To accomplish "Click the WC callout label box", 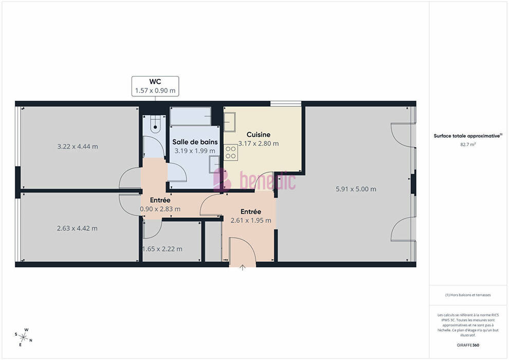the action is [x=155, y=86].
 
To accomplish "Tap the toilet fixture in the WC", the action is [x=155, y=124].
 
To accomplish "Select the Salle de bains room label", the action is [x=195, y=142].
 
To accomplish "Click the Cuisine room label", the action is [x=259, y=134].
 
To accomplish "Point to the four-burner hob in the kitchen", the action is [x=231, y=153].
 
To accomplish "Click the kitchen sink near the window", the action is [x=229, y=122].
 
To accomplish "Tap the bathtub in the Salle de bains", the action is [x=191, y=116].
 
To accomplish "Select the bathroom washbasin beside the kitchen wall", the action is [x=214, y=164].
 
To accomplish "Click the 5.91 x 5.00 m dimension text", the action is [x=356, y=189].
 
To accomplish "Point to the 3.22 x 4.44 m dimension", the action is [x=78, y=147].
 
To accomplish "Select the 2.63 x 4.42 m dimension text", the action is [x=77, y=228].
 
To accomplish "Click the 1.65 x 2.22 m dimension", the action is [x=162, y=249].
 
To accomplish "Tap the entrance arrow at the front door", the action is [x=243, y=267].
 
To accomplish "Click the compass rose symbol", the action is [x=24, y=337].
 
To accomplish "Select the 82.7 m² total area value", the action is [x=468, y=145].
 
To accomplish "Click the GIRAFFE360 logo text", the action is [x=468, y=345].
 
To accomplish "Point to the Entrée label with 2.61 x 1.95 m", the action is [x=251, y=212].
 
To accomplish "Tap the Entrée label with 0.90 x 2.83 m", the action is [x=160, y=200].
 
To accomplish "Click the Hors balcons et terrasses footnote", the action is [x=468, y=295].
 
